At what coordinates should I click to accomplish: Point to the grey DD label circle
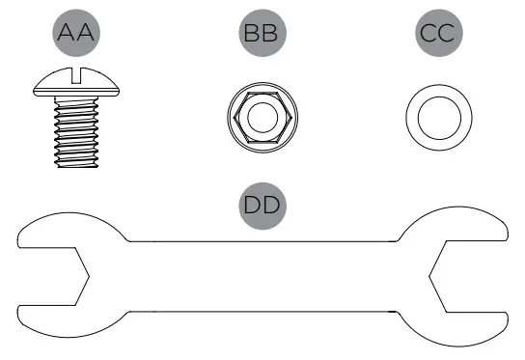click(x=262, y=205)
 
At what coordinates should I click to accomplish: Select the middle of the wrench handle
click(x=262, y=276)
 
